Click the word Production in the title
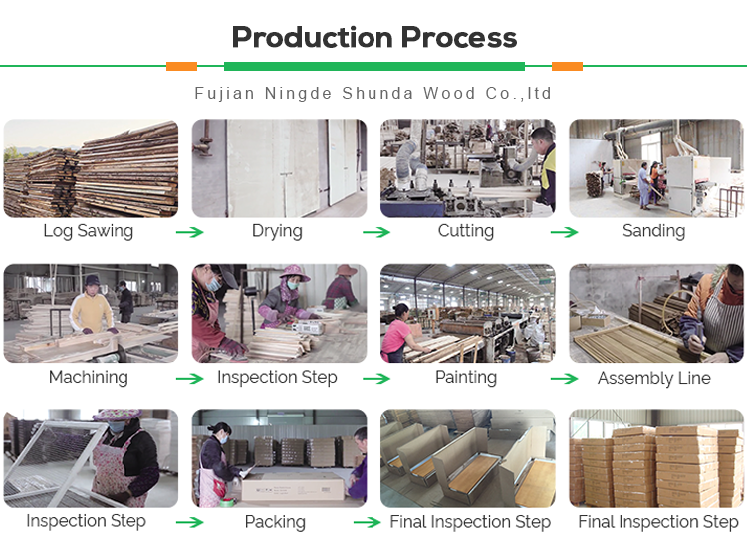point(314,37)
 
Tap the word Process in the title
point(459,37)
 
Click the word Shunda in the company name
point(377,93)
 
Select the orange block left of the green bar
point(181,66)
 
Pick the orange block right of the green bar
point(567,66)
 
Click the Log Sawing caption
point(88,231)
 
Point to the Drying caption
point(277,231)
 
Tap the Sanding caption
point(654,231)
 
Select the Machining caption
point(88,377)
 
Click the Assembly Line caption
point(654,378)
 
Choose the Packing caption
point(275,522)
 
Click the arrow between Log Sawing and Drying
point(189,232)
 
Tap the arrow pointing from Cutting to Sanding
point(564,232)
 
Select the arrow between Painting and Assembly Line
point(564,379)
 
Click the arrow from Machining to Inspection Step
point(189,379)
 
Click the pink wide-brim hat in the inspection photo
point(295,273)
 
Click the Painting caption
point(466,378)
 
